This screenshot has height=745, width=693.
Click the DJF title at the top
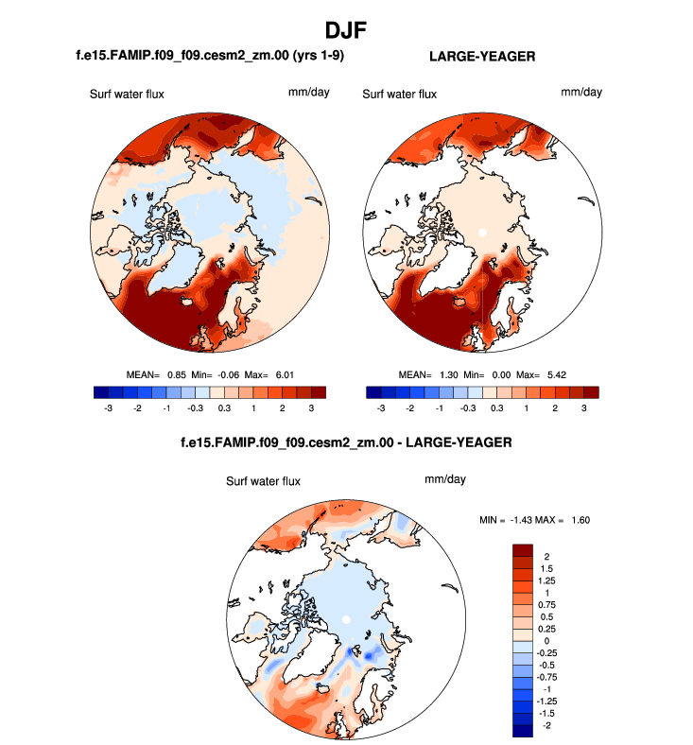click(x=346, y=30)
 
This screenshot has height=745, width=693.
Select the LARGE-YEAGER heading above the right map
click(x=482, y=57)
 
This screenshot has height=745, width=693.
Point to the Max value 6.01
click(x=284, y=374)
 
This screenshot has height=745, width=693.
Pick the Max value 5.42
click(x=555, y=374)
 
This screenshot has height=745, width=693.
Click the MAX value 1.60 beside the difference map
click(x=577, y=519)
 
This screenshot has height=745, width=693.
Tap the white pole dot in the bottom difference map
click(x=347, y=618)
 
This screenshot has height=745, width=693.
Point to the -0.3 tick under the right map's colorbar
click(x=467, y=407)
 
